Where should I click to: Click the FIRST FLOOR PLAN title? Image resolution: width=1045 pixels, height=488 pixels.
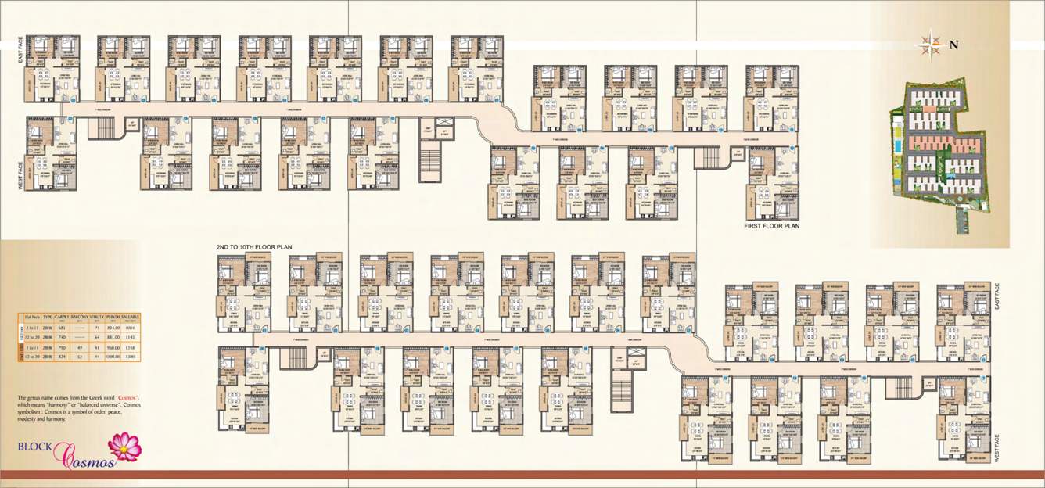click(771, 226)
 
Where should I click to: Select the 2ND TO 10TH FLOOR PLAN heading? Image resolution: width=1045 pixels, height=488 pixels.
click(253, 247)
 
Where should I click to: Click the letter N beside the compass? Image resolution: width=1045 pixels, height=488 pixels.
click(953, 45)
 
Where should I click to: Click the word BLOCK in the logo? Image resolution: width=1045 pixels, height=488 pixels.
click(34, 448)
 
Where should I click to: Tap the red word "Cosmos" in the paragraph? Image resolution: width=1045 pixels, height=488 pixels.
click(127, 398)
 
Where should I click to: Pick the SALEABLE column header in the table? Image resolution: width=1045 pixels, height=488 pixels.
click(130, 318)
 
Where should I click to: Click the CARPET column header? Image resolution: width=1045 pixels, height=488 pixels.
click(63, 318)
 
